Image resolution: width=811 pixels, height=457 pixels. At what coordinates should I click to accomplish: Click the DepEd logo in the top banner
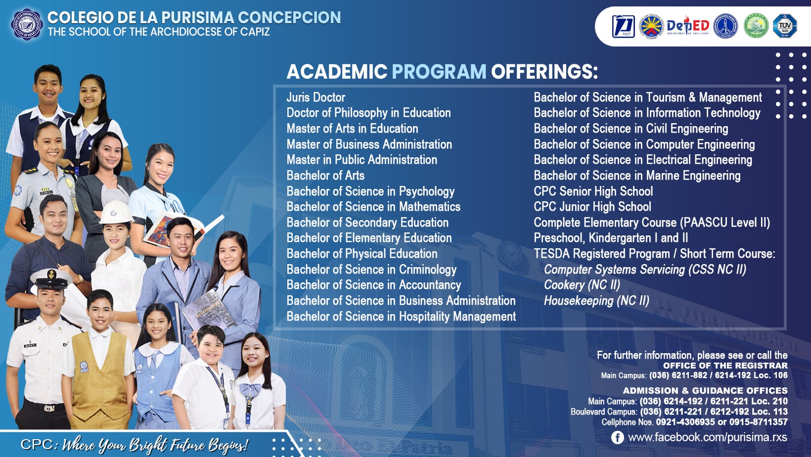687,26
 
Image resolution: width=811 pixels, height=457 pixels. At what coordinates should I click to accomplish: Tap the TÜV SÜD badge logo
785,26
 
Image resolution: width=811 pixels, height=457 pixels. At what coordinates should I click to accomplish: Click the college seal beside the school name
27,25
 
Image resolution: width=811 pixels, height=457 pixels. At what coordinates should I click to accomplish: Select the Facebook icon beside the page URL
618,437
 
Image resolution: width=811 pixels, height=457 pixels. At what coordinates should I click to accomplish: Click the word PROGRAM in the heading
439,71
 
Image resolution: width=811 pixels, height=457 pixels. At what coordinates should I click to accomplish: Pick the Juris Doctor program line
315,97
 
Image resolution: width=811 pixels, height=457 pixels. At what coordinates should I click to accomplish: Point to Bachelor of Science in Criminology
371,270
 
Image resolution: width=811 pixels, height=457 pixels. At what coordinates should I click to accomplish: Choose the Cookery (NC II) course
582,285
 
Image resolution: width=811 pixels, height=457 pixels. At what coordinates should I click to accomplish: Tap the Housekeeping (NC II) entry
597,301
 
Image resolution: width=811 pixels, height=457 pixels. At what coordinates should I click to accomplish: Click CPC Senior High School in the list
593,191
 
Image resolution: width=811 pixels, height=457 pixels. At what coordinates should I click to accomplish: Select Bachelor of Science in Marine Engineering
637,176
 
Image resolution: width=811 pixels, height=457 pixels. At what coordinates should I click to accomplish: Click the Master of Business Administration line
369,144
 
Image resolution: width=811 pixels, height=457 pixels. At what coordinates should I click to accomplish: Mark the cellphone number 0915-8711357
759,422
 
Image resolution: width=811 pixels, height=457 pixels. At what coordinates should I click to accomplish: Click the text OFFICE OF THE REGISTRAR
725,366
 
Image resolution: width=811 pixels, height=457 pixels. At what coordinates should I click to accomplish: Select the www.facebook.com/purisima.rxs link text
708,437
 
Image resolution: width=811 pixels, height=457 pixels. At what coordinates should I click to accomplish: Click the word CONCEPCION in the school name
289,17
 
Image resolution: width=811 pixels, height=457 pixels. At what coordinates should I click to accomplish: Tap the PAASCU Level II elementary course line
652,223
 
